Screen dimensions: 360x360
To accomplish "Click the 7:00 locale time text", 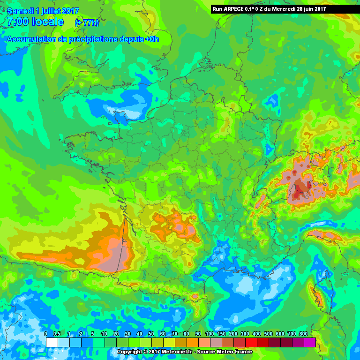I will coord(36,22).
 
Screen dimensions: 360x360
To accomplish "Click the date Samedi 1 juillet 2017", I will coord(43,11).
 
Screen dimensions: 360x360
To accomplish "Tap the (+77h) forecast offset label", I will coord(87,22).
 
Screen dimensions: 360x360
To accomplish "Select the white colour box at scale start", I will coord(52,342).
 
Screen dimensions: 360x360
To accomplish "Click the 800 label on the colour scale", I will coord(303,334).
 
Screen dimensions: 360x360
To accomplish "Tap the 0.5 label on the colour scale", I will coord(57,334).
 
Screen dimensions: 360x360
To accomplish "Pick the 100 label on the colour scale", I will coord(210,334).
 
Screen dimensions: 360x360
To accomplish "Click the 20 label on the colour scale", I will coord(116,334).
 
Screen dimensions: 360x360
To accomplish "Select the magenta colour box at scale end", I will coord(309,342).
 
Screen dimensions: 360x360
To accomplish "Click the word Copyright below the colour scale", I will coord(129,352).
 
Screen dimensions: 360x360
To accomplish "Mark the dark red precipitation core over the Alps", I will coord(298,191).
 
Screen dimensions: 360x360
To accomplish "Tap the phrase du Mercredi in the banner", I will coord(275,9).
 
